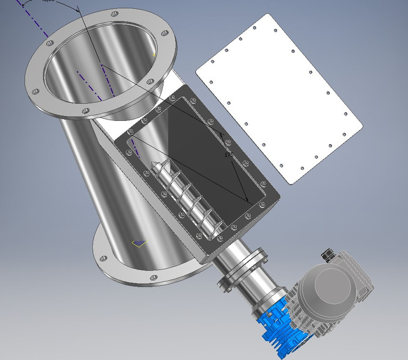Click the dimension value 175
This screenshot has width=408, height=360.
228,154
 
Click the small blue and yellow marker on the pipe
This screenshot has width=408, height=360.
139,242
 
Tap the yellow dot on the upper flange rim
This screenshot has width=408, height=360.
155,55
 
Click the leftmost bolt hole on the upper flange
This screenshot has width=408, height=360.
35,91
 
